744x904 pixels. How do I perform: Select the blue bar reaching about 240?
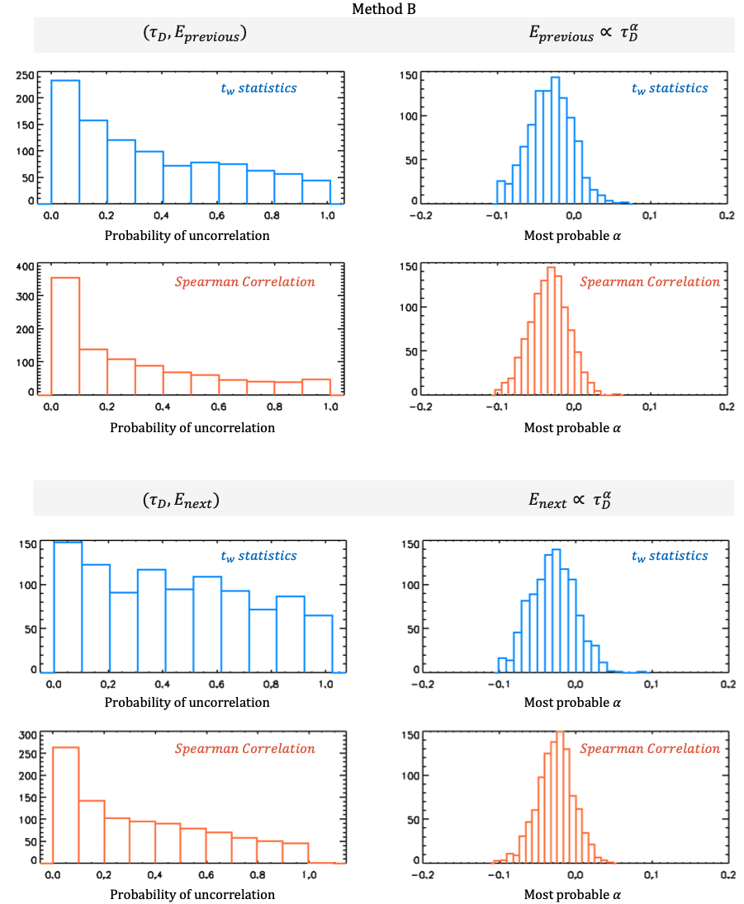click(65, 141)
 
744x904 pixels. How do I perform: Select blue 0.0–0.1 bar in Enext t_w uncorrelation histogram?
click(68, 606)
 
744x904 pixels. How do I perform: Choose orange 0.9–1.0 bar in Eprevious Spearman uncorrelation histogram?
click(316, 387)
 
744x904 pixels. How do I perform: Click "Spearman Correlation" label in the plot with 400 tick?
click(244, 282)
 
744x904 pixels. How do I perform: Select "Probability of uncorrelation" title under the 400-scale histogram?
click(187, 428)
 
